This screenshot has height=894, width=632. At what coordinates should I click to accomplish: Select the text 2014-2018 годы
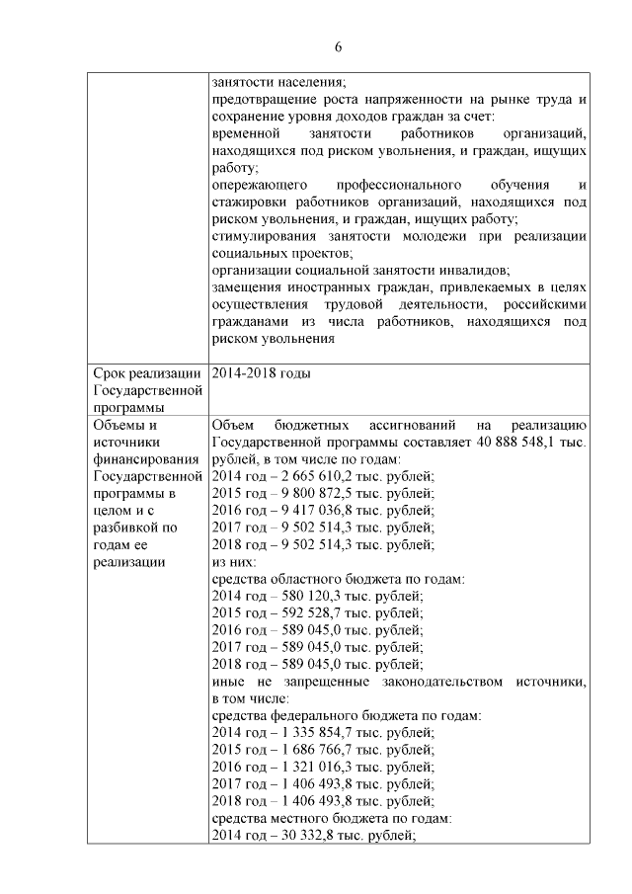click(261, 372)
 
